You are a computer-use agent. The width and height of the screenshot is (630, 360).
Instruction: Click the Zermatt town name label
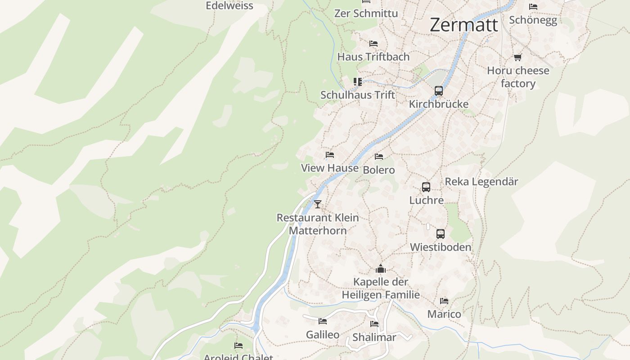pyautogui.click(x=464, y=25)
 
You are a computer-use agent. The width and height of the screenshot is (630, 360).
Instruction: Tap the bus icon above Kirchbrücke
pyautogui.click(x=439, y=91)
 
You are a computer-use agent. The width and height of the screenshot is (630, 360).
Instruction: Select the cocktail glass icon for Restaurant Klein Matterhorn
pyautogui.click(x=318, y=204)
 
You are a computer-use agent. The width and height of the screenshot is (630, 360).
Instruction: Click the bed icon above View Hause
pyautogui.click(x=330, y=155)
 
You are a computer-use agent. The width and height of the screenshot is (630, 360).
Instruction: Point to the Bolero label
pyautogui.click(x=378, y=170)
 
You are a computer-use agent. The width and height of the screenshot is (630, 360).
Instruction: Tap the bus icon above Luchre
pyautogui.click(x=426, y=187)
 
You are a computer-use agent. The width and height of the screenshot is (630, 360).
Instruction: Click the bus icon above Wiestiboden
pyautogui.click(x=441, y=234)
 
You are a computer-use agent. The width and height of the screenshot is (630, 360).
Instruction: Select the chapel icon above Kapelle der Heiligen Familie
pyautogui.click(x=381, y=269)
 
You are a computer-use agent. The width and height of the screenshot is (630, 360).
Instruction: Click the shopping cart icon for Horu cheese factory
pyautogui.click(x=517, y=58)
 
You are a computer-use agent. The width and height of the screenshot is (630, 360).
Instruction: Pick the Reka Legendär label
pyautogui.click(x=481, y=182)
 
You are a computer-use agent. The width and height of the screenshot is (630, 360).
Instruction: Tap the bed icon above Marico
pyautogui.click(x=444, y=301)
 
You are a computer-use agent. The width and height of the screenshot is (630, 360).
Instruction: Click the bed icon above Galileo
pyautogui.click(x=323, y=321)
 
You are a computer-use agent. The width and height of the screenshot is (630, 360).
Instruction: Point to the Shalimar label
pyautogui.click(x=374, y=337)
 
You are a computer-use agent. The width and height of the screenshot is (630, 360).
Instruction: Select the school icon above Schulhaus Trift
pyautogui.click(x=358, y=82)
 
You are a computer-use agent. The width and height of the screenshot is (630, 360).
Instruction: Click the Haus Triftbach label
pyautogui.click(x=373, y=57)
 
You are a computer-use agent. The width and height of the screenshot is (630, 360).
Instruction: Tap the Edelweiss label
pyautogui.click(x=229, y=6)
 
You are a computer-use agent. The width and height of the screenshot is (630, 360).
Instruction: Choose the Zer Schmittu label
pyautogui.click(x=366, y=13)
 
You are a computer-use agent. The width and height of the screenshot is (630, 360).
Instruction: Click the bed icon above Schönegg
pyautogui.click(x=533, y=7)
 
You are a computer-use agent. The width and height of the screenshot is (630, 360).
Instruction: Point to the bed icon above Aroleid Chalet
pyautogui.click(x=238, y=346)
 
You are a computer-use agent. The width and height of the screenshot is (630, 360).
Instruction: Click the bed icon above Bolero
pyautogui.click(x=379, y=157)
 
